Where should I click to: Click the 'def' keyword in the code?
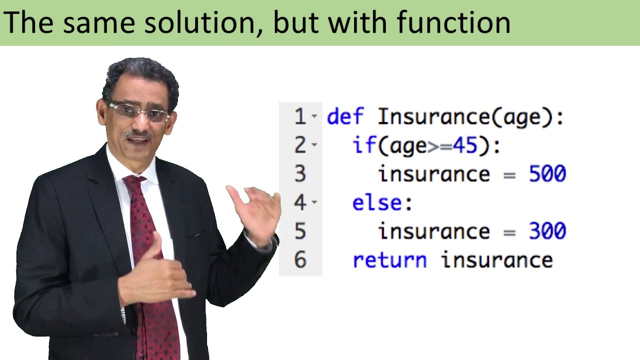point(345,116)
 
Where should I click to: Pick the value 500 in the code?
point(547,174)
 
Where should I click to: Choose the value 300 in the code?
point(547,231)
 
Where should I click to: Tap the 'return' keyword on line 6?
point(389,260)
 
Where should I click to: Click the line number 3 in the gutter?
point(300,174)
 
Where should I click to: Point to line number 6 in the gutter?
point(300,260)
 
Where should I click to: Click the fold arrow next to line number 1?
point(314,116)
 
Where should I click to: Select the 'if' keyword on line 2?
point(363,145)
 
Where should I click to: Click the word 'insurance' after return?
point(496,260)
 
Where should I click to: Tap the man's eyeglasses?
point(138,111)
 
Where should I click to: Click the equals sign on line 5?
point(509,231)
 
